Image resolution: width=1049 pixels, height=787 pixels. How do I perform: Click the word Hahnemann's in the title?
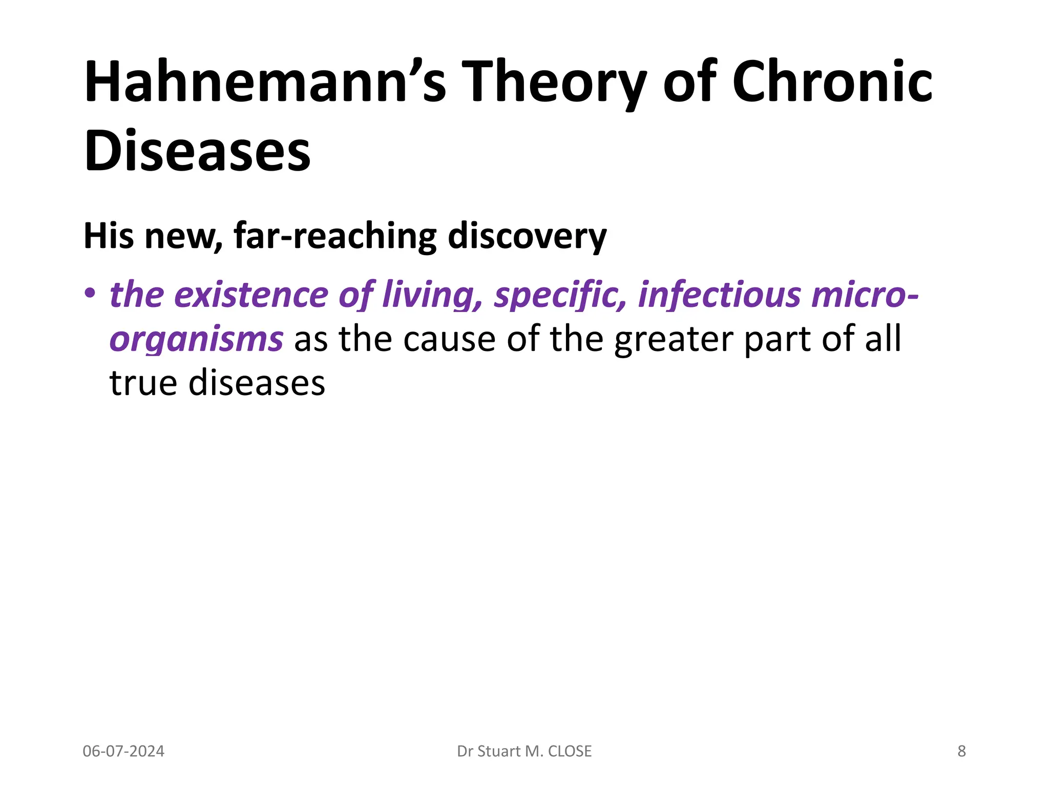pos(265,82)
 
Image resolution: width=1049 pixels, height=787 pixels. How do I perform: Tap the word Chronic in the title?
pos(832,82)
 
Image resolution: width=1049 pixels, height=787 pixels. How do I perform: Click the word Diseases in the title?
pos(197,151)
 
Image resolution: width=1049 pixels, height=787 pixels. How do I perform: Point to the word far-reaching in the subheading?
pos(335,236)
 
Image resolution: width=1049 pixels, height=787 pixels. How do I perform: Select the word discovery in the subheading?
pos(527,236)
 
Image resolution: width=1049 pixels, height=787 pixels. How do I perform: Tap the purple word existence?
pos(251,295)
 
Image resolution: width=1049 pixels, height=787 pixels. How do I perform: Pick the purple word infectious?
pos(720,295)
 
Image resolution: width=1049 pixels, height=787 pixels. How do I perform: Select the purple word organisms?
pos(196,340)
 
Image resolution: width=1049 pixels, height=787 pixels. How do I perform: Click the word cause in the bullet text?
pos(449,340)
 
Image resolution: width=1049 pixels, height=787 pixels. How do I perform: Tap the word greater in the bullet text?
pos(674,340)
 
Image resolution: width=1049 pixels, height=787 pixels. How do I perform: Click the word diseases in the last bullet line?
pos(257,383)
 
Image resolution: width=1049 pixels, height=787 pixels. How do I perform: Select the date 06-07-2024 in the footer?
pos(123,751)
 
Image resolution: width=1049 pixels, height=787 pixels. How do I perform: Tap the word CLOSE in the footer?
pos(570,751)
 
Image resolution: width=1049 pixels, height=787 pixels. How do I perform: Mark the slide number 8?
pos(961,751)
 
